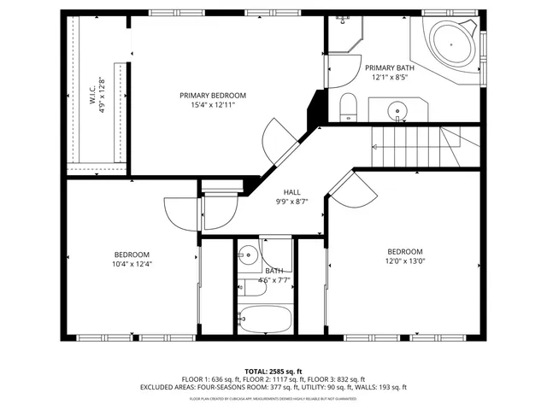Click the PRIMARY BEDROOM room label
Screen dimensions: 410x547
[x=213, y=95]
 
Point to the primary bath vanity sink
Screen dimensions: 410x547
[x=397, y=110]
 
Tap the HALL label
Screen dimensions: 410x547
[x=292, y=192]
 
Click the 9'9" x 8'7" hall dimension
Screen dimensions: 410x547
[x=292, y=202]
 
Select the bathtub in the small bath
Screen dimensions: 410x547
[x=265, y=318]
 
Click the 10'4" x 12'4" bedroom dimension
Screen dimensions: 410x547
[x=132, y=264]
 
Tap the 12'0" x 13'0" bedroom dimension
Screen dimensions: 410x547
[x=404, y=261]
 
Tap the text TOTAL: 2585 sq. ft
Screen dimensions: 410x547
[x=273, y=372]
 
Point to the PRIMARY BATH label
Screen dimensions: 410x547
[x=390, y=67]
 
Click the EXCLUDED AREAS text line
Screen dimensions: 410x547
[x=273, y=386]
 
